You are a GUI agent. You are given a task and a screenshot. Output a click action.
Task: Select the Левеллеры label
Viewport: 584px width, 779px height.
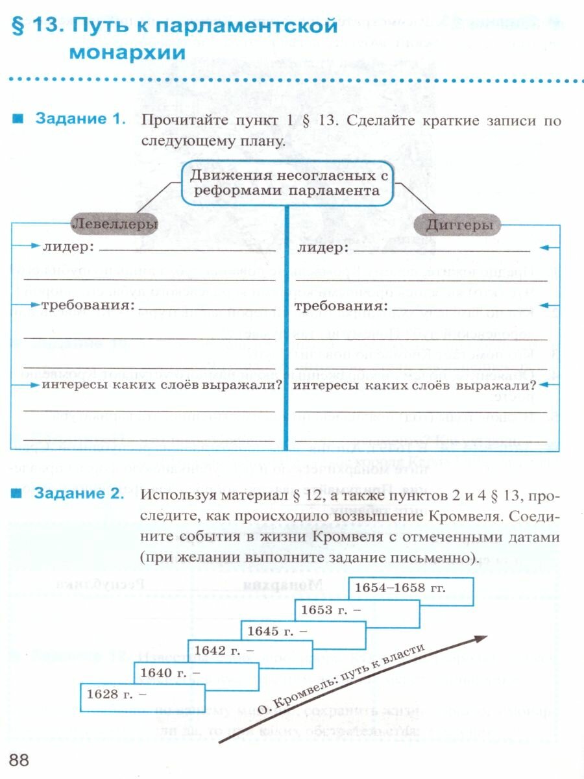(114, 225)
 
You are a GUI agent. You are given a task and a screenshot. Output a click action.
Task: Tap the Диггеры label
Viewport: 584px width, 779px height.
(457, 225)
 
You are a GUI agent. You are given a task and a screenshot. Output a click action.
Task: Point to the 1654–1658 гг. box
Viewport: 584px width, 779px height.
(410, 590)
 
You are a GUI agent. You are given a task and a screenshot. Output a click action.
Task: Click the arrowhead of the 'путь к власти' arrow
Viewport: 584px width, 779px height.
(480, 639)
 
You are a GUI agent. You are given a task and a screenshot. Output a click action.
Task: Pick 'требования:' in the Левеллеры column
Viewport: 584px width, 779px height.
(88, 304)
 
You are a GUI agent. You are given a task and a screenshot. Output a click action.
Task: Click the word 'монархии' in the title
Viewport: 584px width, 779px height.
(127, 52)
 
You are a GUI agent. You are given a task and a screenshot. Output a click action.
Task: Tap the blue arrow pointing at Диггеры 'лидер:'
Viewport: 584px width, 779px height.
(548, 247)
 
